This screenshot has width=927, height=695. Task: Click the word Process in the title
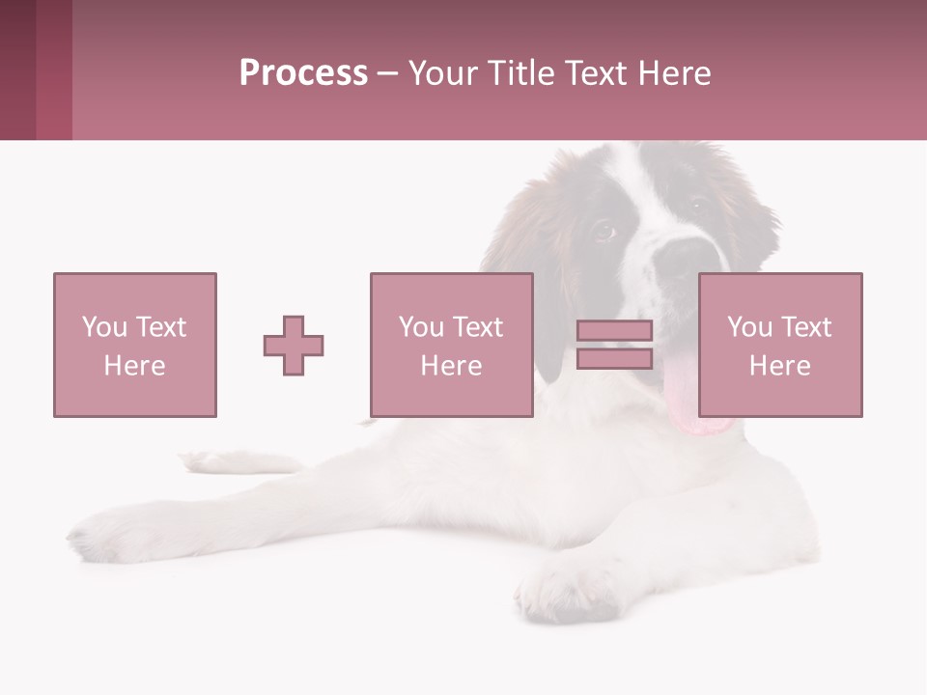pyautogui.click(x=303, y=73)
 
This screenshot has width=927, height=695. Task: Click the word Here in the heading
pyautogui.click(x=673, y=73)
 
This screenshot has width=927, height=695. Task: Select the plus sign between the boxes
pyautogui.click(x=294, y=345)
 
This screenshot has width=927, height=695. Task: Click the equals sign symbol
pyautogui.click(x=614, y=345)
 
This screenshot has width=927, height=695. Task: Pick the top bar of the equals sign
pyautogui.click(x=614, y=331)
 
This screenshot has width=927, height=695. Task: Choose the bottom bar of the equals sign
pyautogui.click(x=614, y=358)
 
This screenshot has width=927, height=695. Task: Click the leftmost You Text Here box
pyautogui.click(x=135, y=345)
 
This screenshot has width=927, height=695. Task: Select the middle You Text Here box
pyautogui.click(x=451, y=345)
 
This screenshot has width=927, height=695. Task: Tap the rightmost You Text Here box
pyautogui.click(x=779, y=345)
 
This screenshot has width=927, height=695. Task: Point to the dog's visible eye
pyautogui.click(x=603, y=231)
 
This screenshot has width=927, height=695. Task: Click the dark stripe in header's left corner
pyautogui.click(x=18, y=69)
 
